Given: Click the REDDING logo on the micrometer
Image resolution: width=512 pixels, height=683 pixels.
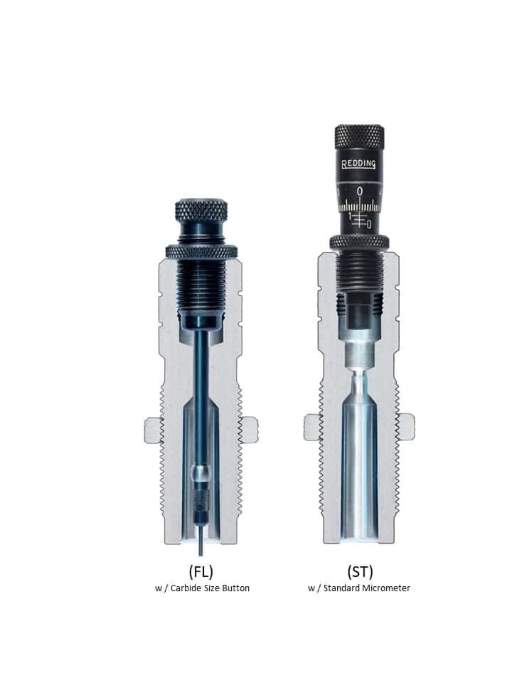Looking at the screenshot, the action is (358, 164).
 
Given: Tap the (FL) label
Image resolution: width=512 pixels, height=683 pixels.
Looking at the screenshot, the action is (201, 571).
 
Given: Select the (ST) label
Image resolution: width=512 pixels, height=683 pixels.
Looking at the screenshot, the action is (360, 571).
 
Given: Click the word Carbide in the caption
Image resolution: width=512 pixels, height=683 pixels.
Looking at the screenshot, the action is (186, 588).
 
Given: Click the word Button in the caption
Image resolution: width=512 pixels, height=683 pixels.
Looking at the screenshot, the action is (236, 588).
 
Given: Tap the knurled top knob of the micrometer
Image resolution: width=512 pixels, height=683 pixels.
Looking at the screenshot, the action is (359, 137).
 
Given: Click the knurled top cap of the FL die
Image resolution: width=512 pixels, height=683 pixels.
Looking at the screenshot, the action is (201, 210).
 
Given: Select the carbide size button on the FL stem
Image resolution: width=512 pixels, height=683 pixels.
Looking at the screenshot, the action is (201, 472).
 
